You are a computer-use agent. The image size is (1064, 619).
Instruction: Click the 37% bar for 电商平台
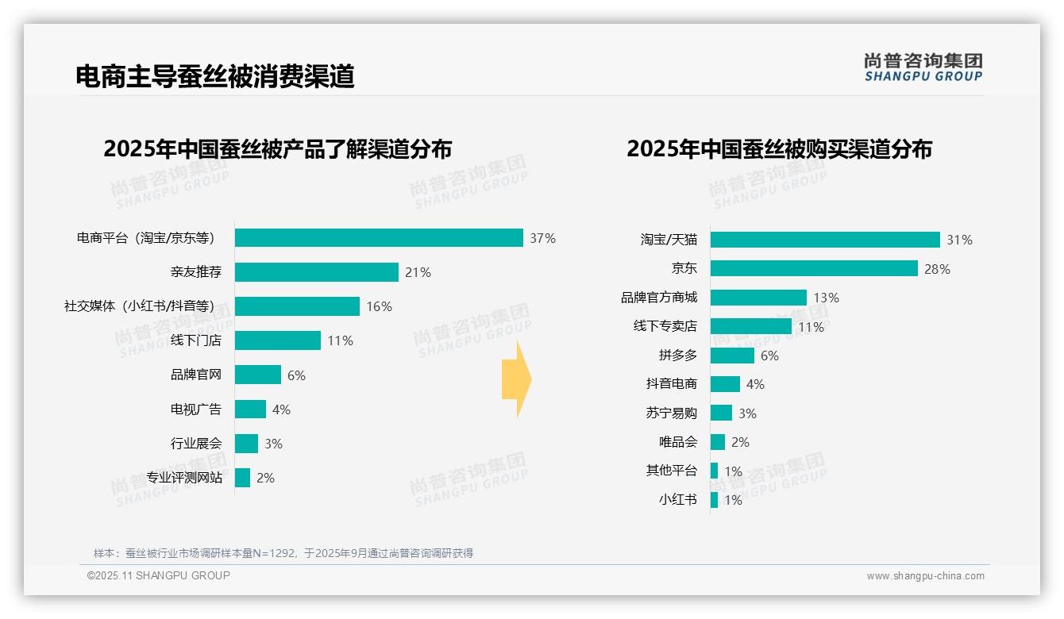(x=379, y=238)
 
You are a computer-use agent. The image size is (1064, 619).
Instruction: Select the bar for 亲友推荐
(x=316, y=272)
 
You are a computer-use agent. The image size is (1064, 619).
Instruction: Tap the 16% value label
(x=379, y=307)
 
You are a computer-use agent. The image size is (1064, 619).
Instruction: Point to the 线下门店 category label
(x=196, y=340)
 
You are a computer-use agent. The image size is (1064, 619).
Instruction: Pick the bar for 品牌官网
(x=258, y=375)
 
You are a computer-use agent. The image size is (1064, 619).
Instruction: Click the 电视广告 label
(x=196, y=409)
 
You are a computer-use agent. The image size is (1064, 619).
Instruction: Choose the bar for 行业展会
(x=246, y=444)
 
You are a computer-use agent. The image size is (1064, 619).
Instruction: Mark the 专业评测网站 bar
(x=242, y=478)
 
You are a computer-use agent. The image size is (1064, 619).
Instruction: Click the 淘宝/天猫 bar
(x=825, y=240)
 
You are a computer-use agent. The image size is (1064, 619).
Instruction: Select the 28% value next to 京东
(x=937, y=269)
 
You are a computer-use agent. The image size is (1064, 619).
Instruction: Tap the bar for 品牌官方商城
(x=758, y=298)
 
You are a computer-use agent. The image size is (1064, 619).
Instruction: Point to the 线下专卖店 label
(x=665, y=326)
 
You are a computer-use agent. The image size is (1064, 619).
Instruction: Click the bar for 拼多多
(x=732, y=356)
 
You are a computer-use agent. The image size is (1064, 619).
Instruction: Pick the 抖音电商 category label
(x=671, y=384)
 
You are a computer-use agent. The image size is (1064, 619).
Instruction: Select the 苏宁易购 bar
(x=721, y=413)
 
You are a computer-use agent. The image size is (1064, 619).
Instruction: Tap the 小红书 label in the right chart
(x=677, y=500)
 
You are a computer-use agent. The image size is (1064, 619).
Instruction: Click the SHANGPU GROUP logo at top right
(x=923, y=67)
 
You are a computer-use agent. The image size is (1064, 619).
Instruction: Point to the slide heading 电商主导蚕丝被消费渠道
(x=214, y=76)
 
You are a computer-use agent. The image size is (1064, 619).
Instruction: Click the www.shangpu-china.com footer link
(x=925, y=576)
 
